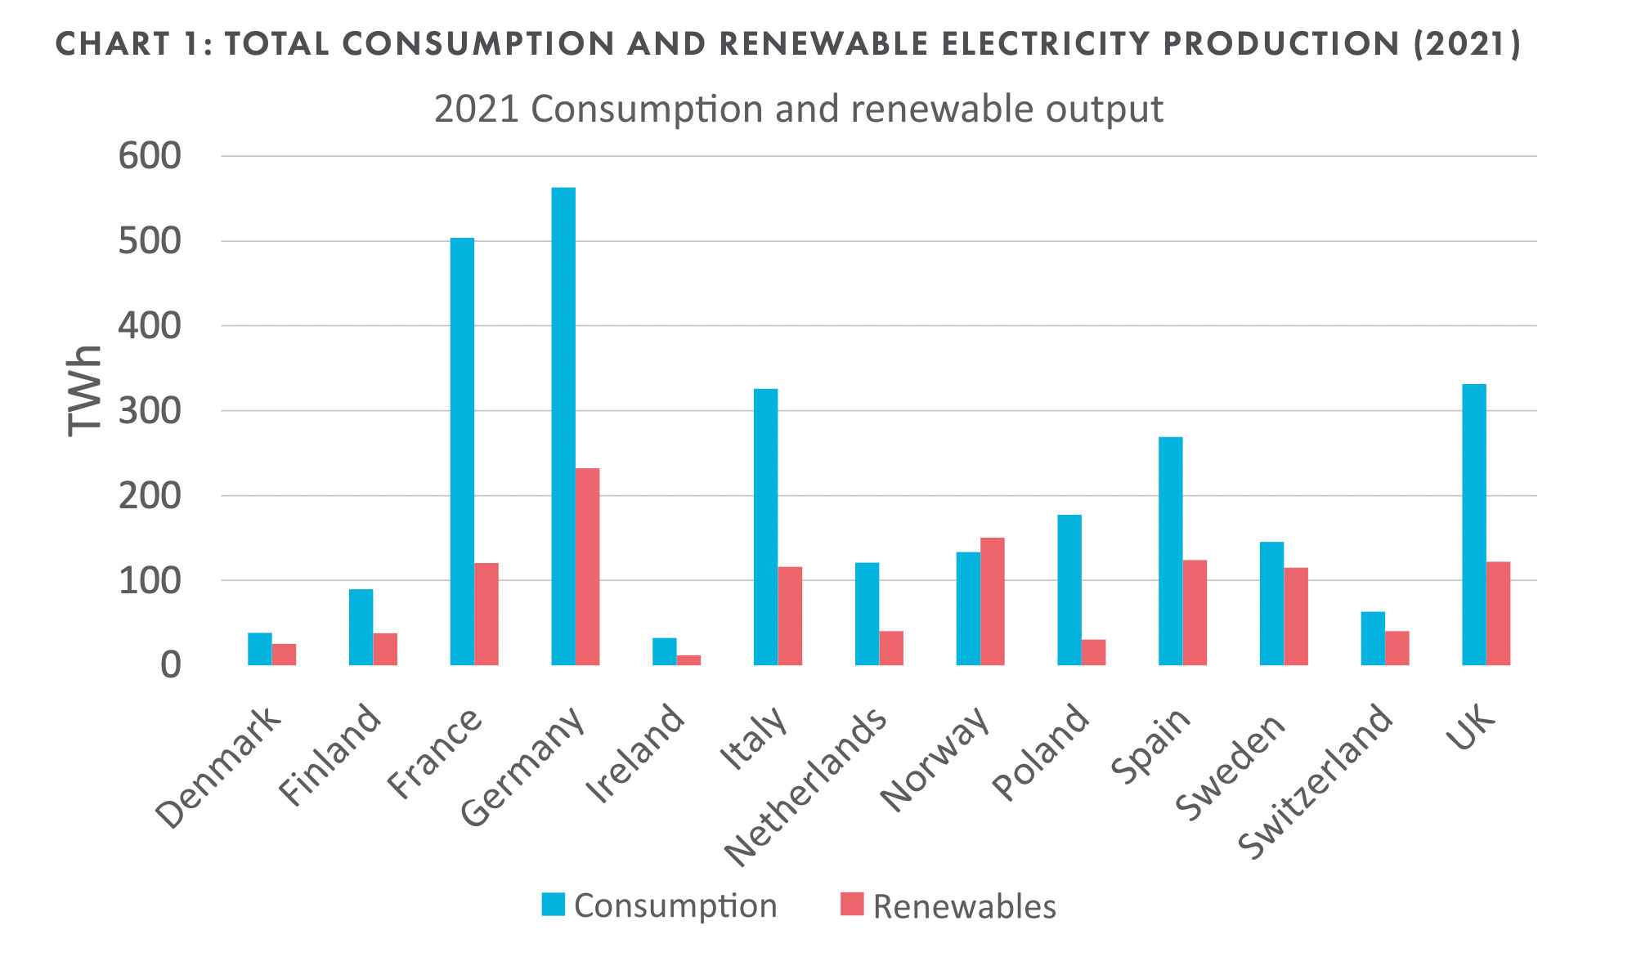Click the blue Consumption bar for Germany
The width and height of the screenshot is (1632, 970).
pos(563,426)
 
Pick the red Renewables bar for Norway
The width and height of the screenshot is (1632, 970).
pos(992,601)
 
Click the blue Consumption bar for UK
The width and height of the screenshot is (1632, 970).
pos(1473,524)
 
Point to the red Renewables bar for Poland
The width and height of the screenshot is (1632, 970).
pos(1093,652)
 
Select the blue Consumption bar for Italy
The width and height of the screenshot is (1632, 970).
pos(765,526)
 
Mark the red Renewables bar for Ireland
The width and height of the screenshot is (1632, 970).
pos(688,659)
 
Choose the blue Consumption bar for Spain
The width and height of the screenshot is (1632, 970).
pos(1170,551)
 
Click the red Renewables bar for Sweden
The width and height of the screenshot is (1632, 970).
pos(1295,616)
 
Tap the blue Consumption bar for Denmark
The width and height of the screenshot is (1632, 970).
pos(260,649)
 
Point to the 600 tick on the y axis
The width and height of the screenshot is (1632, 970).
pos(149,156)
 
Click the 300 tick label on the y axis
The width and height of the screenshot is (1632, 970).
pos(149,410)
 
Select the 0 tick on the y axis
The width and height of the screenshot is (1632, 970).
pos(170,665)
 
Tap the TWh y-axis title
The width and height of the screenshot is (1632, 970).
pos(84,391)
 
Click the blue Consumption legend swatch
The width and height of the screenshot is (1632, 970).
pos(554,904)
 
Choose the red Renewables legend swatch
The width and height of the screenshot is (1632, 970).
pos(852,904)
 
